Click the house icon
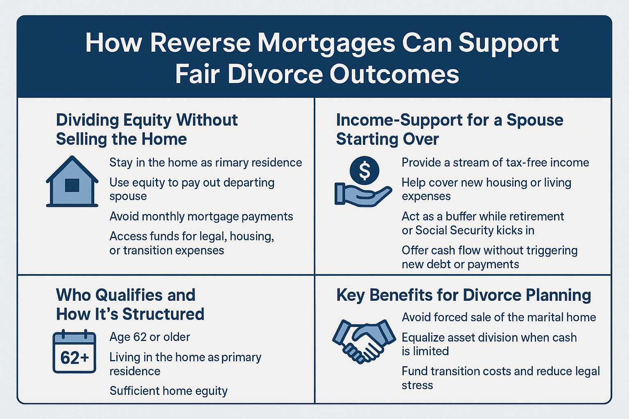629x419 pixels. click(72, 182)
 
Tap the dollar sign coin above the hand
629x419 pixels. click(364, 170)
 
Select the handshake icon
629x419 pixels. click(364, 341)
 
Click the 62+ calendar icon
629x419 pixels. click(75, 351)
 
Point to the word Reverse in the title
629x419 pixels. click(200, 43)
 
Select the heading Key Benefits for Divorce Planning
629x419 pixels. click(464, 295)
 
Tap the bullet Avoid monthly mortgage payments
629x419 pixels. click(201, 216)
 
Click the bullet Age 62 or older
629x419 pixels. click(149, 337)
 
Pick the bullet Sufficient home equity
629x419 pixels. click(168, 391)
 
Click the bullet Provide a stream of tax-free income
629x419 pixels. click(496, 162)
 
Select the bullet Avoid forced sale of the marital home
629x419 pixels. click(499, 317)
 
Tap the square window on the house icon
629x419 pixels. click(72, 185)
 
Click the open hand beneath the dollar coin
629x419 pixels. click(363, 195)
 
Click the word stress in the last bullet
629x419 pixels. click(417, 385)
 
